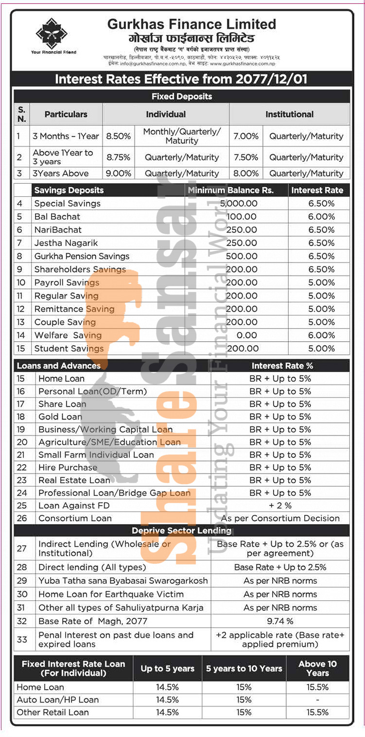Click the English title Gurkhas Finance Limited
(x=191, y=24)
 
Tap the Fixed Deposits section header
(x=182, y=96)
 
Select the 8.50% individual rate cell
(x=119, y=136)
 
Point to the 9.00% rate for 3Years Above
(x=119, y=173)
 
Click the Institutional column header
(x=289, y=114)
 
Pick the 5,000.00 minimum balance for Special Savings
(x=239, y=204)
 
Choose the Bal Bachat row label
(x=57, y=217)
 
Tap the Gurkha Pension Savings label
(x=82, y=256)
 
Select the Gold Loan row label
(x=60, y=417)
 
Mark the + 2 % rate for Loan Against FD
(x=280, y=506)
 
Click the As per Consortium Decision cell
(x=280, y=518)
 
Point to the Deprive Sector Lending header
(x=182, y=530)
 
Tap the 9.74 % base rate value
(x=280, y=621)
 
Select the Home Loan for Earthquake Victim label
(x=111, y=594)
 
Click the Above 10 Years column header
(x=317, y=668)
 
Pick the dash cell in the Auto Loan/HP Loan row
(x=317, y=700)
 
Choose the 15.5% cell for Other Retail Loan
(x=317, y=713)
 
